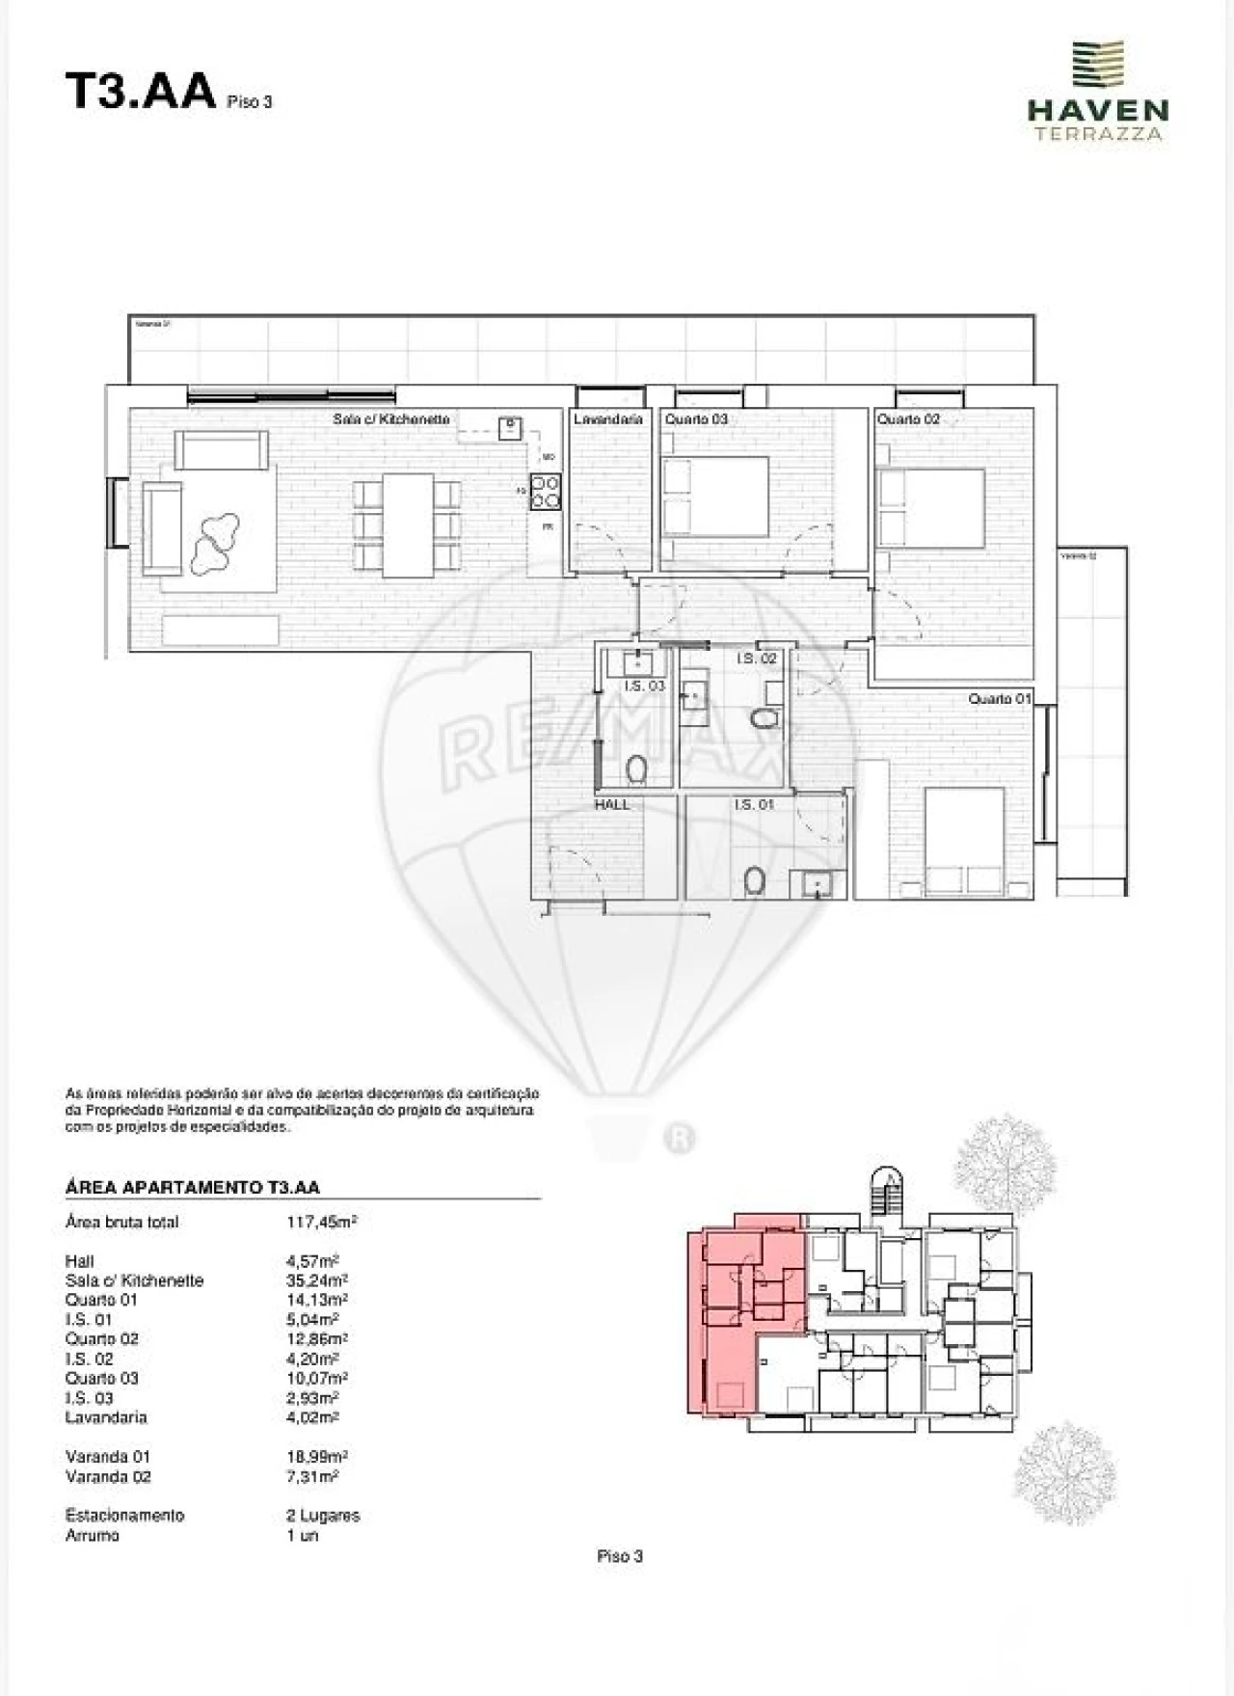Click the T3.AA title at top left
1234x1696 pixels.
140,94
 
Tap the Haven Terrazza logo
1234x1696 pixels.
1097,92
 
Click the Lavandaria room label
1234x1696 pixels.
607,419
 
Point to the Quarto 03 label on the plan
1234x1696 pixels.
696,419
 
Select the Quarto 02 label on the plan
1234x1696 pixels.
908,419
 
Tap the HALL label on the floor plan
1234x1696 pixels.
612,804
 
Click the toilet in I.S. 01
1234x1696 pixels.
755,879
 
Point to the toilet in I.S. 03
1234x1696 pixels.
636,768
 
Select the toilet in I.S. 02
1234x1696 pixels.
765,718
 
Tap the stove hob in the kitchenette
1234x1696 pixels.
546,492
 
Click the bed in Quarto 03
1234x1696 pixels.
716,496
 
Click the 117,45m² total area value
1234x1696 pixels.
322,1222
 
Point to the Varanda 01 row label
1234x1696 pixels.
108,1456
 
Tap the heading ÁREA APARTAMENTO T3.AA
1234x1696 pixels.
192,1188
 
